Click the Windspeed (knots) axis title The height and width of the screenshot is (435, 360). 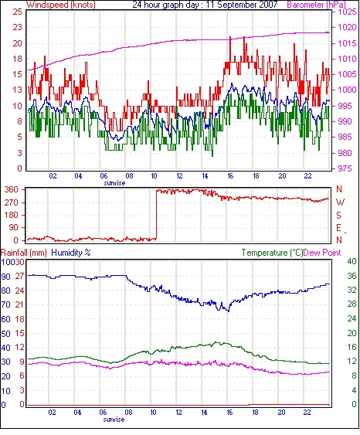coord(61,5)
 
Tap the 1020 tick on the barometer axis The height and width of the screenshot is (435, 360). coord(347,27)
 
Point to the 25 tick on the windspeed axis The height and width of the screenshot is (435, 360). coord(18,12)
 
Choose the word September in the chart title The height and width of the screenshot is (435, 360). coord(235,5)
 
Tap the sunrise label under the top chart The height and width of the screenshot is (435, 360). coord(114,183)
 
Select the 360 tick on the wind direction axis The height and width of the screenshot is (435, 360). coord(12,190)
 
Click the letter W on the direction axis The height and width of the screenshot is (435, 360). coord(340,202)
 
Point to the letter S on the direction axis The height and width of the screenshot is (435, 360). coord(338,216)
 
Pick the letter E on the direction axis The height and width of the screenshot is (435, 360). coord(338,228)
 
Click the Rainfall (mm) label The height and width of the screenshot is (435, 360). coord(24,253)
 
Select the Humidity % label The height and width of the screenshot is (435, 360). coord(71,253)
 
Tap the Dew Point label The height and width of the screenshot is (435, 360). coord(322,253)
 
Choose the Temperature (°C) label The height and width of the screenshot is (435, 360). coord(272,253)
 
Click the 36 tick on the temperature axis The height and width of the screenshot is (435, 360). coord(352,276)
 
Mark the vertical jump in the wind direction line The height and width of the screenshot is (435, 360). coord(156,215)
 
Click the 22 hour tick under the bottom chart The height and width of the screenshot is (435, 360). coord(307,412)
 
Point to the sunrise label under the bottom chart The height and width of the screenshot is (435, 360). coord(114,420)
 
